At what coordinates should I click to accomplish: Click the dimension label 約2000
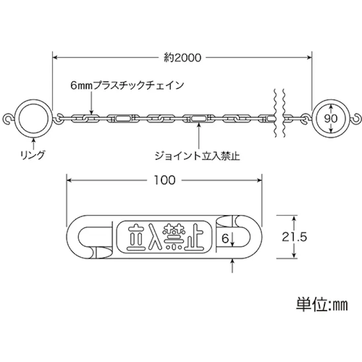coord(182,57)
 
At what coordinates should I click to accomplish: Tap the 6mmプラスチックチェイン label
coord(127,85)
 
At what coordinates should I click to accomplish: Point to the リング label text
coord(32,155)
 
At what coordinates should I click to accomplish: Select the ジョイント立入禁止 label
coord(197,156)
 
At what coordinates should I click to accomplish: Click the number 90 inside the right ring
coord(331,118)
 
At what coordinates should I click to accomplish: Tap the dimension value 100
coord(164,180)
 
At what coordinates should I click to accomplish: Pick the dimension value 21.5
coord(294,237)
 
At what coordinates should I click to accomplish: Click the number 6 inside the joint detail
coord(225,239)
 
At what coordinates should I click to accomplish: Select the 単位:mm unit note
coord(322,305)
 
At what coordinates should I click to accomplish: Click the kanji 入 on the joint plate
coord(154,237)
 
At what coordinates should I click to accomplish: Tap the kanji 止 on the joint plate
coord(193,237)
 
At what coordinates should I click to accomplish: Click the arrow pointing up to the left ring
coord(34,143)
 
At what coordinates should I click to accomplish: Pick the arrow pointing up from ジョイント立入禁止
coord(199,136)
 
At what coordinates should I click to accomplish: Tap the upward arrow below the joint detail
coord(232,266)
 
